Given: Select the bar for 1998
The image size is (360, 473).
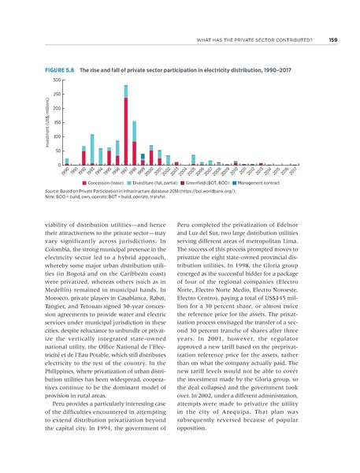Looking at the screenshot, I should [x=135, y=143].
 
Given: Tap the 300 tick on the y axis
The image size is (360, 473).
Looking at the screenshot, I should [x=57, y=80].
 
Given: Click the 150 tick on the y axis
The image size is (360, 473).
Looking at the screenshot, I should [x=57, y=123].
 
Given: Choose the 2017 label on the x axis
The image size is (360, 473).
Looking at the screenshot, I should [x=292, y=171].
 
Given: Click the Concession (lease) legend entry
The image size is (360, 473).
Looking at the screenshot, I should [x=119, y=183].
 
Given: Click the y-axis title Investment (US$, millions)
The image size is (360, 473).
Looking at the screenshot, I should [x=46, y=122].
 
